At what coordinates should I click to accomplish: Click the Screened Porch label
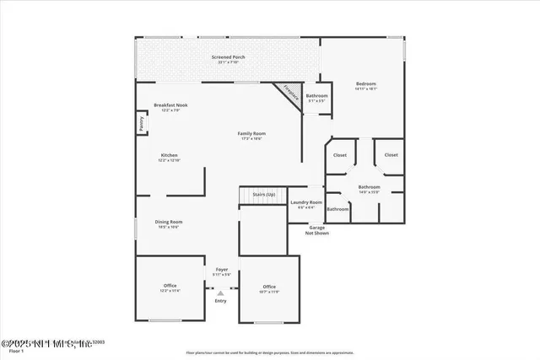tap(228, 57)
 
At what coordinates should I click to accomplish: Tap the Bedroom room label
tap(365, 83)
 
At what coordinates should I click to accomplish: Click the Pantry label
tap(141, 124)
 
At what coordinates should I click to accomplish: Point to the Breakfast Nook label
tap(170, 105)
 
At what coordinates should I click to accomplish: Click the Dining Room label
tap(169, 222)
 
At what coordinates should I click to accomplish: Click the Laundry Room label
tap(306, 201)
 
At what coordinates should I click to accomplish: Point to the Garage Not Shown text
tap(316, 230)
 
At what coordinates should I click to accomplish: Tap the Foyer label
tap(221, 269)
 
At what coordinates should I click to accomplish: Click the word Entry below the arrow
tap(220, 301)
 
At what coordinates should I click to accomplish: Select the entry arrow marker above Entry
tap(220, 293)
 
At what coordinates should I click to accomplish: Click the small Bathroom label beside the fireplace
tap(317, 96)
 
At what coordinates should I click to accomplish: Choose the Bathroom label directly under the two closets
tap(369, 186)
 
